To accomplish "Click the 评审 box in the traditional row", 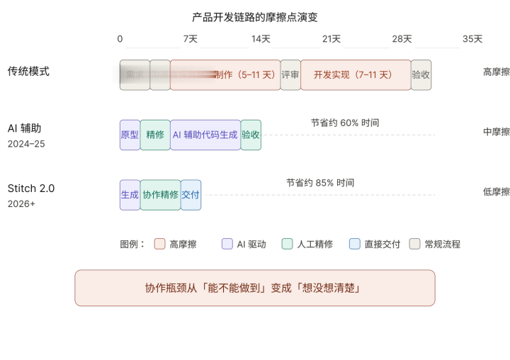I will point(290,74).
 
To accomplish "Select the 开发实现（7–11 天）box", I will point(356,74).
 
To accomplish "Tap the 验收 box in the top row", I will point(421,74).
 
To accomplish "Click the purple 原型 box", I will point(130,135).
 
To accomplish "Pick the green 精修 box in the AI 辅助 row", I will point(155,135).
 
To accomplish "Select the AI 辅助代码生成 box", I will point(205,135).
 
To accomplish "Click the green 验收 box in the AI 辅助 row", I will point(251,135).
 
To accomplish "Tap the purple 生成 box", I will point(130,195).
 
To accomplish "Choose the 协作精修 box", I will point(160,195).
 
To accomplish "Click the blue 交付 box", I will point(191,195).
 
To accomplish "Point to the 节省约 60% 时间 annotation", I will point(345,123).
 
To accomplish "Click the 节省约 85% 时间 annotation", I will point(320,183).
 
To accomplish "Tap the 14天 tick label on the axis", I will point(261,39).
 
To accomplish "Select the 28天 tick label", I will point(402,39).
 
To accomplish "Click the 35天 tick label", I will point(472,39).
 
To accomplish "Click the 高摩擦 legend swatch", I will point(159,244).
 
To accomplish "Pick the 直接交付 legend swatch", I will point(355,244).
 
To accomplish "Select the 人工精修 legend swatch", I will point(287,244).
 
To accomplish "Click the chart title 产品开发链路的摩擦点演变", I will point(260,17).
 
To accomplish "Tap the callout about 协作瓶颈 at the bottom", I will point(255,288).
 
